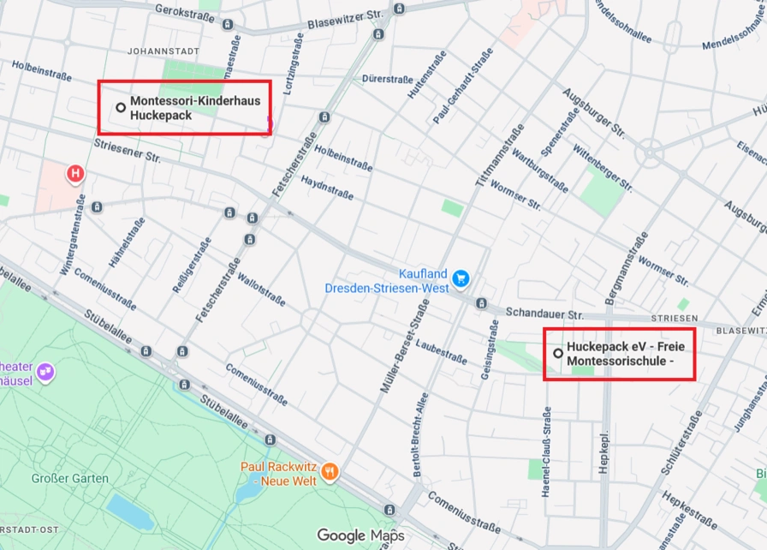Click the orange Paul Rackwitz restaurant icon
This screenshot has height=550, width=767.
click(330, 472)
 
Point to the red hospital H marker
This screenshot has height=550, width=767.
click(75, 175)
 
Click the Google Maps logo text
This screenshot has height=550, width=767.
click(360, 535)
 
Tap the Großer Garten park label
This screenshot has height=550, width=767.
click(70, 478)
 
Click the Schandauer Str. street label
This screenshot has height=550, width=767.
click(544, 314)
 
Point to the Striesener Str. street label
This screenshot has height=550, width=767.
click(128, 151)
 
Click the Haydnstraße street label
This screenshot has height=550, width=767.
click(327, 188)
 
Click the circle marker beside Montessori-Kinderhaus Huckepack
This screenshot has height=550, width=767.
click(121, 108)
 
